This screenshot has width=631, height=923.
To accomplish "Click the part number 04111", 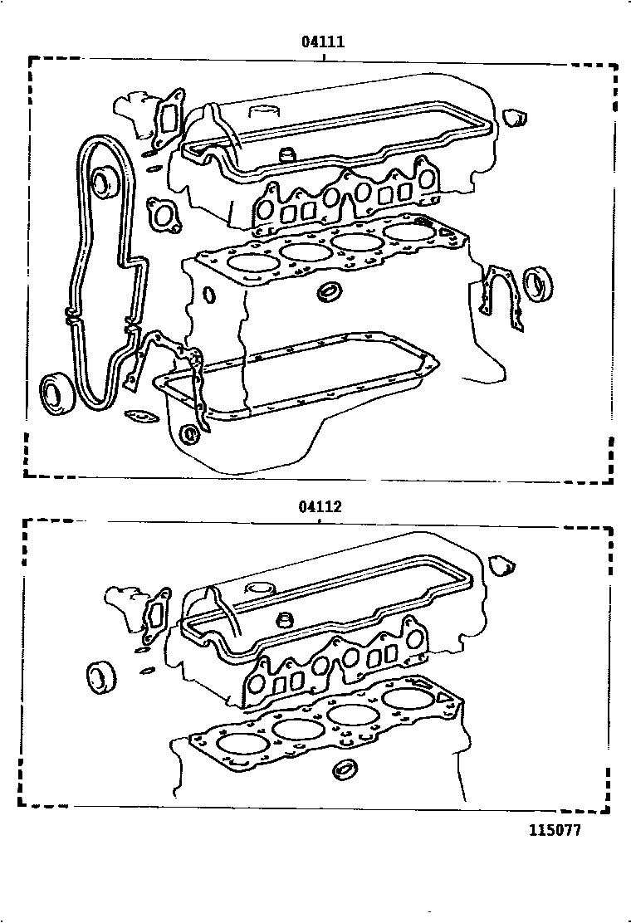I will click(x=323, y=42).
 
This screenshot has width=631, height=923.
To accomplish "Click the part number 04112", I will click(x=320, y=506).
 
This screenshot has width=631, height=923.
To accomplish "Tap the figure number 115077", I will click(x=555, y=831).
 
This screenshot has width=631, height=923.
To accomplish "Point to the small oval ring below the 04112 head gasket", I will click(x=344, y=770).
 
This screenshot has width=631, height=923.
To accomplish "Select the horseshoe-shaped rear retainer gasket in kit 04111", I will click(x=503, y=295).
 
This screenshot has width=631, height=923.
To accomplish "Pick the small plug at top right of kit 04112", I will click(x=501, y=565).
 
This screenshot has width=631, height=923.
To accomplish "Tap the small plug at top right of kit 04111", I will click(x=516, y=118).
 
